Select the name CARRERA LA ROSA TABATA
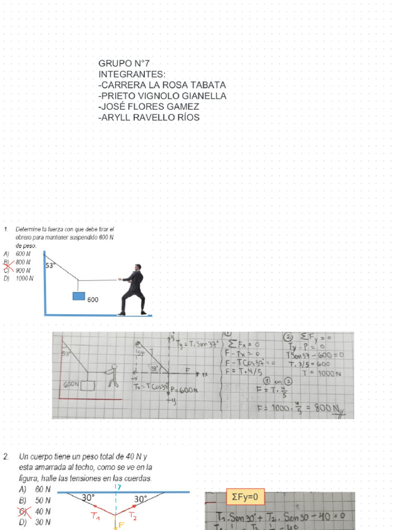[162, 85]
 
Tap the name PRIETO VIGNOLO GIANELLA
[162, 96]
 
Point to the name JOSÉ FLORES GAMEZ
[149, 107]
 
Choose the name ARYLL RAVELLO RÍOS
[149, 117]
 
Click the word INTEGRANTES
[132, 75]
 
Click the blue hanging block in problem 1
[79, 297]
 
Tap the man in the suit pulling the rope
[134, 290]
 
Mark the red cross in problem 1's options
[7, 266]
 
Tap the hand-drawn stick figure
[113, 376]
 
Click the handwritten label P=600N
[185, 390]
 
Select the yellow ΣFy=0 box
[245, 497]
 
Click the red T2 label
[133, 516]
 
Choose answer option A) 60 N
[35, 489]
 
